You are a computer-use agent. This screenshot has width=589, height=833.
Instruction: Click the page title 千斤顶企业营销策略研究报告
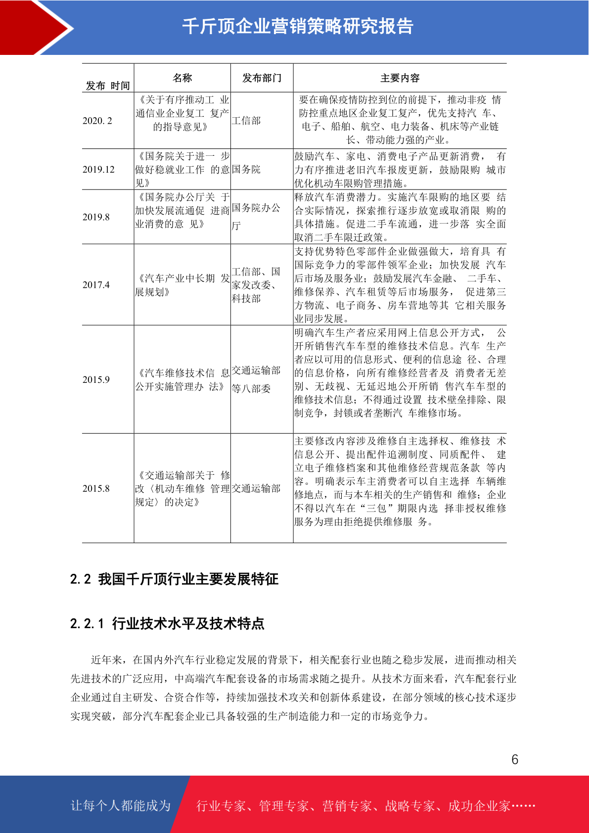[x=297, y=26]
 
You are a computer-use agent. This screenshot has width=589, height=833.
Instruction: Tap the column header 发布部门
[x=262, y=78]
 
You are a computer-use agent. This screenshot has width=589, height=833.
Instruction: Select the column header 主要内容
[x=400, y=78]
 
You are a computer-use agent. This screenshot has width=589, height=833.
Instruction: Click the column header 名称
[x=182, y=78]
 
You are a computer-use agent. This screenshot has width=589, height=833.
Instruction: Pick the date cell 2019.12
[x=98, y=170]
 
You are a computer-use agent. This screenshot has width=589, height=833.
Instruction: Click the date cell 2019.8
[x=96, y=217]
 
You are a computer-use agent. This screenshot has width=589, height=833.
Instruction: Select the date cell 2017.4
[x=96, y=285]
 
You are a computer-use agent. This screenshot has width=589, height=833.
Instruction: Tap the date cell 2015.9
[x=96, y=380]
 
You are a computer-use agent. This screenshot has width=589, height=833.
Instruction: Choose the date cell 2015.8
[x=96, y=489]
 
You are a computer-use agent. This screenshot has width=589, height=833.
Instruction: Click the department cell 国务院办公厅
[x=256, y=217]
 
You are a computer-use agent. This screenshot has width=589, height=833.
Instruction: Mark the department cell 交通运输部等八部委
[x=256, y=379]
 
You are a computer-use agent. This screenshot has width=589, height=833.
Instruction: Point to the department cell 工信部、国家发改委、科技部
[x=256, y=285]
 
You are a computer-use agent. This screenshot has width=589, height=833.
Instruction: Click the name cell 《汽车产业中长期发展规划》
[x=182, y=285]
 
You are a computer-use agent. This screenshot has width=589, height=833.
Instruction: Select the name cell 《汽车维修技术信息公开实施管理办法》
[x=182, y=379]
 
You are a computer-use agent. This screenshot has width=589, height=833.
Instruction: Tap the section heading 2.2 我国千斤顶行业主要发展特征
[x=174, y=579]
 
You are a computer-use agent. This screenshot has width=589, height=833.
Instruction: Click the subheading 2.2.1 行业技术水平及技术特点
[x=167, y=623]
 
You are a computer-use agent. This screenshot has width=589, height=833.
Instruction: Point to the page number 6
[x=515, y=760]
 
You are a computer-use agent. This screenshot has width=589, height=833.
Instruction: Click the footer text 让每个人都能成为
[x=121, y=806]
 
